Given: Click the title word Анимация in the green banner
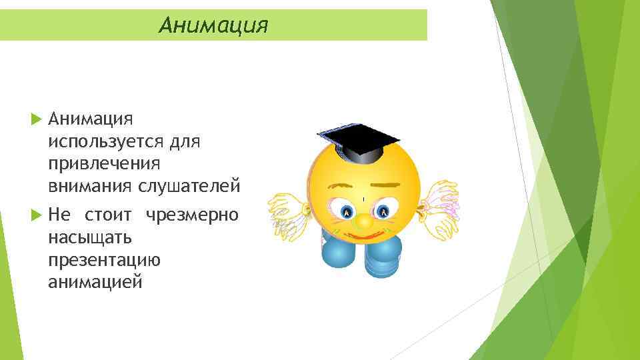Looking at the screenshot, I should (213, 25).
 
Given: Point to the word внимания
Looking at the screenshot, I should (90, 185).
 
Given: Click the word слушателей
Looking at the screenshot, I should (189, 185).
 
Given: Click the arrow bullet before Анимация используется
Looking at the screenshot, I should (37, 119).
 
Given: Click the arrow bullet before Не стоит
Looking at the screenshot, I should (37, 215).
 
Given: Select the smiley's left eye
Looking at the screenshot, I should (346, 212).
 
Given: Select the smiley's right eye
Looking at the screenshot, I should (383, 212).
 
